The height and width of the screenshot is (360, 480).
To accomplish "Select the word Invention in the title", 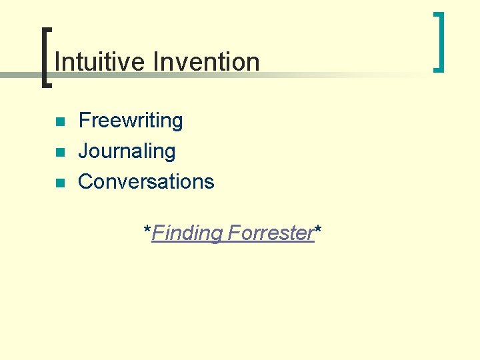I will [x=206, y=62].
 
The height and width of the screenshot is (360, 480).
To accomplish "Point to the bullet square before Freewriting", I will [x=60, y=122].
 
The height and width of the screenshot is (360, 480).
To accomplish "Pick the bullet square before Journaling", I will [x=60, y=153].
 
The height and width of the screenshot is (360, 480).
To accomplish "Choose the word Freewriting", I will [x=131, y=121].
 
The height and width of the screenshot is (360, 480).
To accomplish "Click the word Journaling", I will [x=127, y=151].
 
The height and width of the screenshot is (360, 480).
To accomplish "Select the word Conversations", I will [x=146, y=181].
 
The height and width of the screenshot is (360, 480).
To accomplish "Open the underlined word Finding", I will [x=187, y=233].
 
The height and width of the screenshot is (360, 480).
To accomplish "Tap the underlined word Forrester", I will [x=271, y=233].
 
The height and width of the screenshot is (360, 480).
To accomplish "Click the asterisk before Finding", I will [x=147, y=230].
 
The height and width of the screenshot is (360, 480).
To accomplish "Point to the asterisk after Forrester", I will [x=318, y=230].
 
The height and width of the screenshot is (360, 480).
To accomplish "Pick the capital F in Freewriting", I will [x=84, y=121].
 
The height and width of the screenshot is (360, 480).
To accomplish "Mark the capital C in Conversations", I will [x=85, y=181].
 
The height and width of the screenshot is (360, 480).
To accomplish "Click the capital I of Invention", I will [x=155, y=62].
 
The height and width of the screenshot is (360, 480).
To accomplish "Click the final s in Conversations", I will [x=209, y=182].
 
